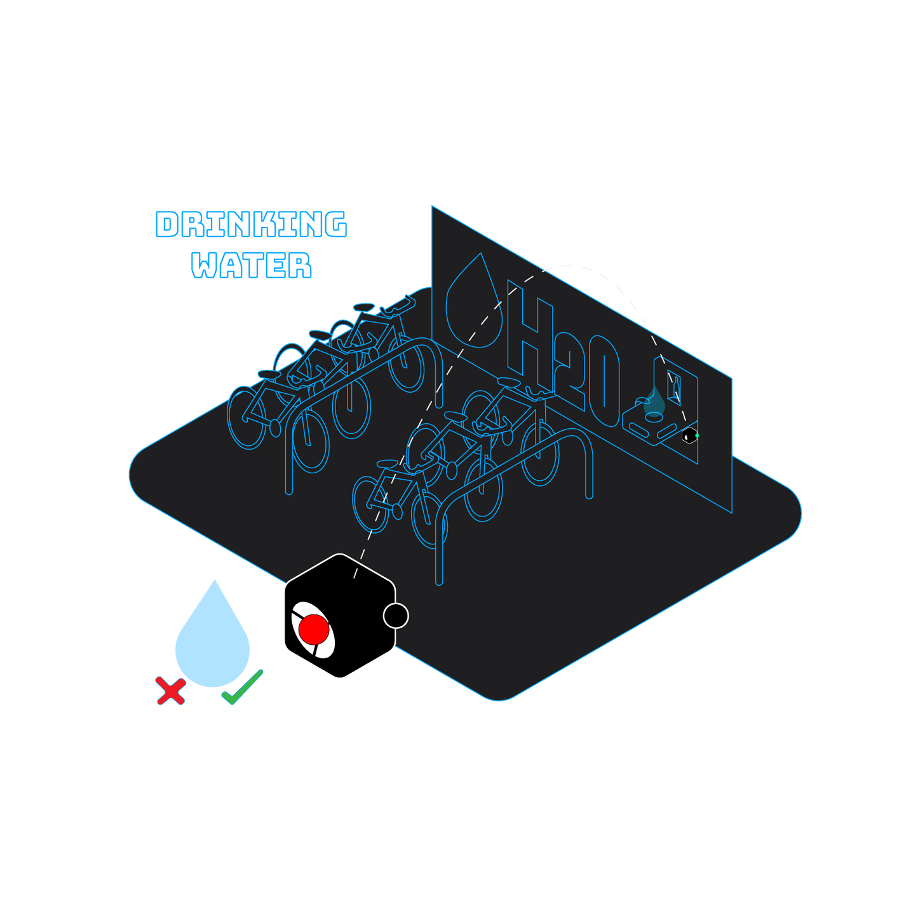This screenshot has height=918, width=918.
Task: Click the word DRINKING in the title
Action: [252, 225]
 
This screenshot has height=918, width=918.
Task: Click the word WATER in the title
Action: [252, 265]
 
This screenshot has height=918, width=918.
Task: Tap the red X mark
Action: [170, 691]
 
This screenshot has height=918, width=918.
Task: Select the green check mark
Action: [243, 687]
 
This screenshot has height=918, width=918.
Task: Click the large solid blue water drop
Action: [213, 642]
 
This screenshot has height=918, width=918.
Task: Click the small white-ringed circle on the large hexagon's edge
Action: [396, 615]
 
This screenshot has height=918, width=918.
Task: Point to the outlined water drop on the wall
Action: [473, 301]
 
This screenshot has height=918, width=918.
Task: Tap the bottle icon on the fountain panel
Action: [676, 385]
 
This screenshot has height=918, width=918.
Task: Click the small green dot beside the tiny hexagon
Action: [698, 436]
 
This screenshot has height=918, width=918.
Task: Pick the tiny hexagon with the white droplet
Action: [689, 436]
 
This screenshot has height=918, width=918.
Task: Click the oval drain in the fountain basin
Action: [654, 417]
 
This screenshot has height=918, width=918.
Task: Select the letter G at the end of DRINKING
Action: [334, 225]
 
